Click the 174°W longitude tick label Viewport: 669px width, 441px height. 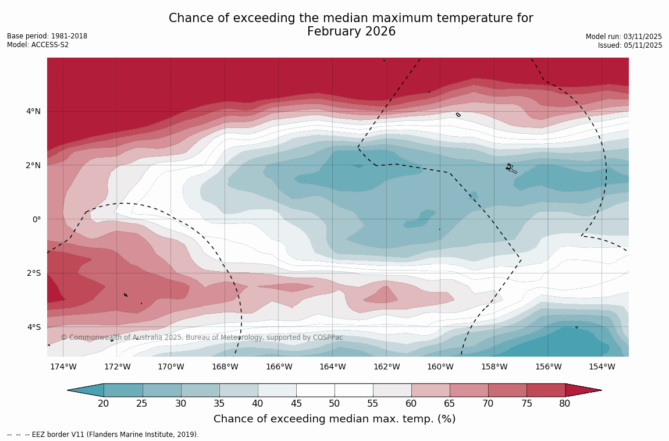[x=63, y=367]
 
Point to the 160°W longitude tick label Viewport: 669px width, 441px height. [x=440, y=367]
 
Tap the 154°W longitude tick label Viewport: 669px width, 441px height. [x=602, y=367]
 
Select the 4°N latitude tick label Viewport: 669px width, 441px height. [x=33, y=111]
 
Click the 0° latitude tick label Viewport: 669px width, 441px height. [x=36, y=219]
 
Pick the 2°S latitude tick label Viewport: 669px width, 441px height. [x=34, y=273]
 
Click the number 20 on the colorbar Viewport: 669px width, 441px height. [x=104, y=404]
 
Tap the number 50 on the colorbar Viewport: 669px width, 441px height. [x=334, y=404]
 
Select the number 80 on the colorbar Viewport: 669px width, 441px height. [x=565, y=404]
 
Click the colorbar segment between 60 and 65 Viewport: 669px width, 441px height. [x=430, y=390]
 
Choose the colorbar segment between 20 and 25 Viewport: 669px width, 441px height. [x=123, y=390]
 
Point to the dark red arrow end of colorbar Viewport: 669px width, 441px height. [x=583, y=390]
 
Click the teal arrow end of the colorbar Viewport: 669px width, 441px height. [x=86, y=390]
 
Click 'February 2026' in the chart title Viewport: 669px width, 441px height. [x=351, y=32]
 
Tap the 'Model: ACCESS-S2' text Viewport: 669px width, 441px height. [x=38, y=45]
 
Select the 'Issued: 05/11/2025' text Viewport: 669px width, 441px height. [x=630, y=45]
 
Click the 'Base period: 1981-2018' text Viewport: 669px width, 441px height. [x=47, y=36]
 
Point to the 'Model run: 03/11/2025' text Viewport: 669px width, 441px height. [x=624, y=37]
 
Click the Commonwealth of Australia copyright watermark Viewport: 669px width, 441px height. [x=202, y=337]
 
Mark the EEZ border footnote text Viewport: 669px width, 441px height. [x=103, y=435]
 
